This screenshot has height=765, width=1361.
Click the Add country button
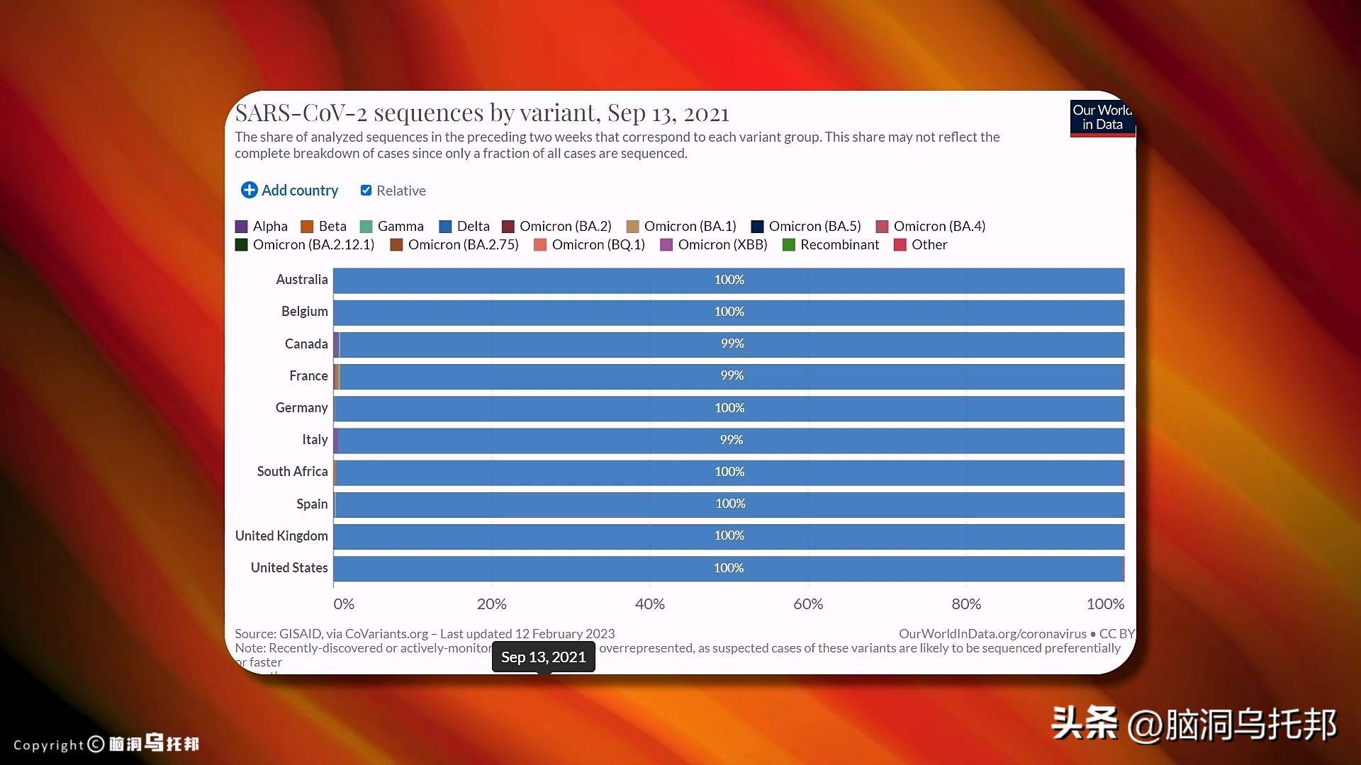[290, 190]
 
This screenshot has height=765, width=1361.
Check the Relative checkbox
[366, 190]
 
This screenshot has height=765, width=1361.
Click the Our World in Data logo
[1102, 118]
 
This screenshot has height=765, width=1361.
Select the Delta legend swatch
[445, 227]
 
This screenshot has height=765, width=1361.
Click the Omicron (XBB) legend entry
[714, 244]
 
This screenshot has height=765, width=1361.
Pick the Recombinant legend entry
[831, 244]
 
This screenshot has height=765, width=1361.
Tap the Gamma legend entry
[392, 227]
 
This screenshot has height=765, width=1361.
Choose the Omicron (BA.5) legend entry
[806, 227]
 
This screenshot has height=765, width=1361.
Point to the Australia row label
[302, 280]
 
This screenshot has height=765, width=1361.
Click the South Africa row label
[292, 472]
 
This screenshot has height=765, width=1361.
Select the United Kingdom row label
[281, 536]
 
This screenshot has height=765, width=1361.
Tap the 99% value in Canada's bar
[732, 344]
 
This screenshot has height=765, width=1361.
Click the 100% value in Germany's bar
[729, 408]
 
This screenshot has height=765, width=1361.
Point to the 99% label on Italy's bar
[732, 440]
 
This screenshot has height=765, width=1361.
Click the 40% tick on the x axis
[649, 604]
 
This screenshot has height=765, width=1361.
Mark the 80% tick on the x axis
[966, 604]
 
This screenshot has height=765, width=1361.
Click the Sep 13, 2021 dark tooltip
[544, 657]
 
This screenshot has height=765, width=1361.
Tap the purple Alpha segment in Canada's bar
[336, 344]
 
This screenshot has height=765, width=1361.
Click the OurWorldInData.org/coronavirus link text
[992, 634]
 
